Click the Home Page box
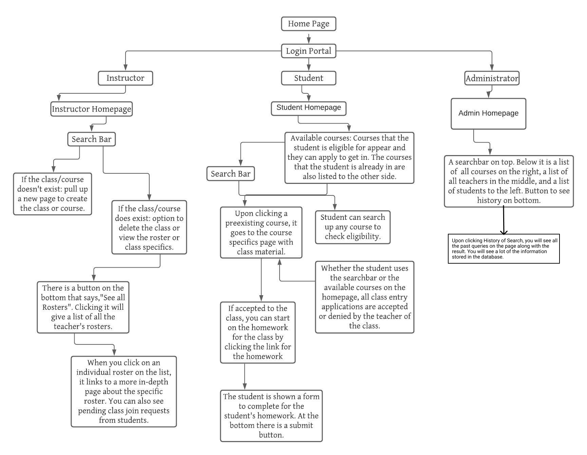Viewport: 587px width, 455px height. click(308, 24)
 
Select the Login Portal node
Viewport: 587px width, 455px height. click(308, 51)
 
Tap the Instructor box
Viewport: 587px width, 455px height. click(125, 78)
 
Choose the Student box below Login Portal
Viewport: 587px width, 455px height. click(308, 78)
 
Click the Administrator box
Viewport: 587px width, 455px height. click(492, 78)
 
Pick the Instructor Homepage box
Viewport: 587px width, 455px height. click(91, 109)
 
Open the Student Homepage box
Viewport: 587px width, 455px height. click(308, 108)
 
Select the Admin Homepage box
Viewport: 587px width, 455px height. click(488, 114)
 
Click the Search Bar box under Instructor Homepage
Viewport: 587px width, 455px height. click(91, 139)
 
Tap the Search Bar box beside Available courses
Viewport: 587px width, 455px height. click(230, 174)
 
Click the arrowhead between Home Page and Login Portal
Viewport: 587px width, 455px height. click(308, 40)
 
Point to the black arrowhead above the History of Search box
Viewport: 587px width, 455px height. click(504, 232)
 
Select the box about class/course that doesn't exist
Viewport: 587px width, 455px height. click(53, 194)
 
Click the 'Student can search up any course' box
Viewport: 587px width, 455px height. click(353, 227)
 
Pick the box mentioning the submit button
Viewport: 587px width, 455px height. click(271, 416)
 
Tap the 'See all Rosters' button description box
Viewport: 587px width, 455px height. click(83, 307)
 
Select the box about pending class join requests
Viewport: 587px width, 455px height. click(124, 391)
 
